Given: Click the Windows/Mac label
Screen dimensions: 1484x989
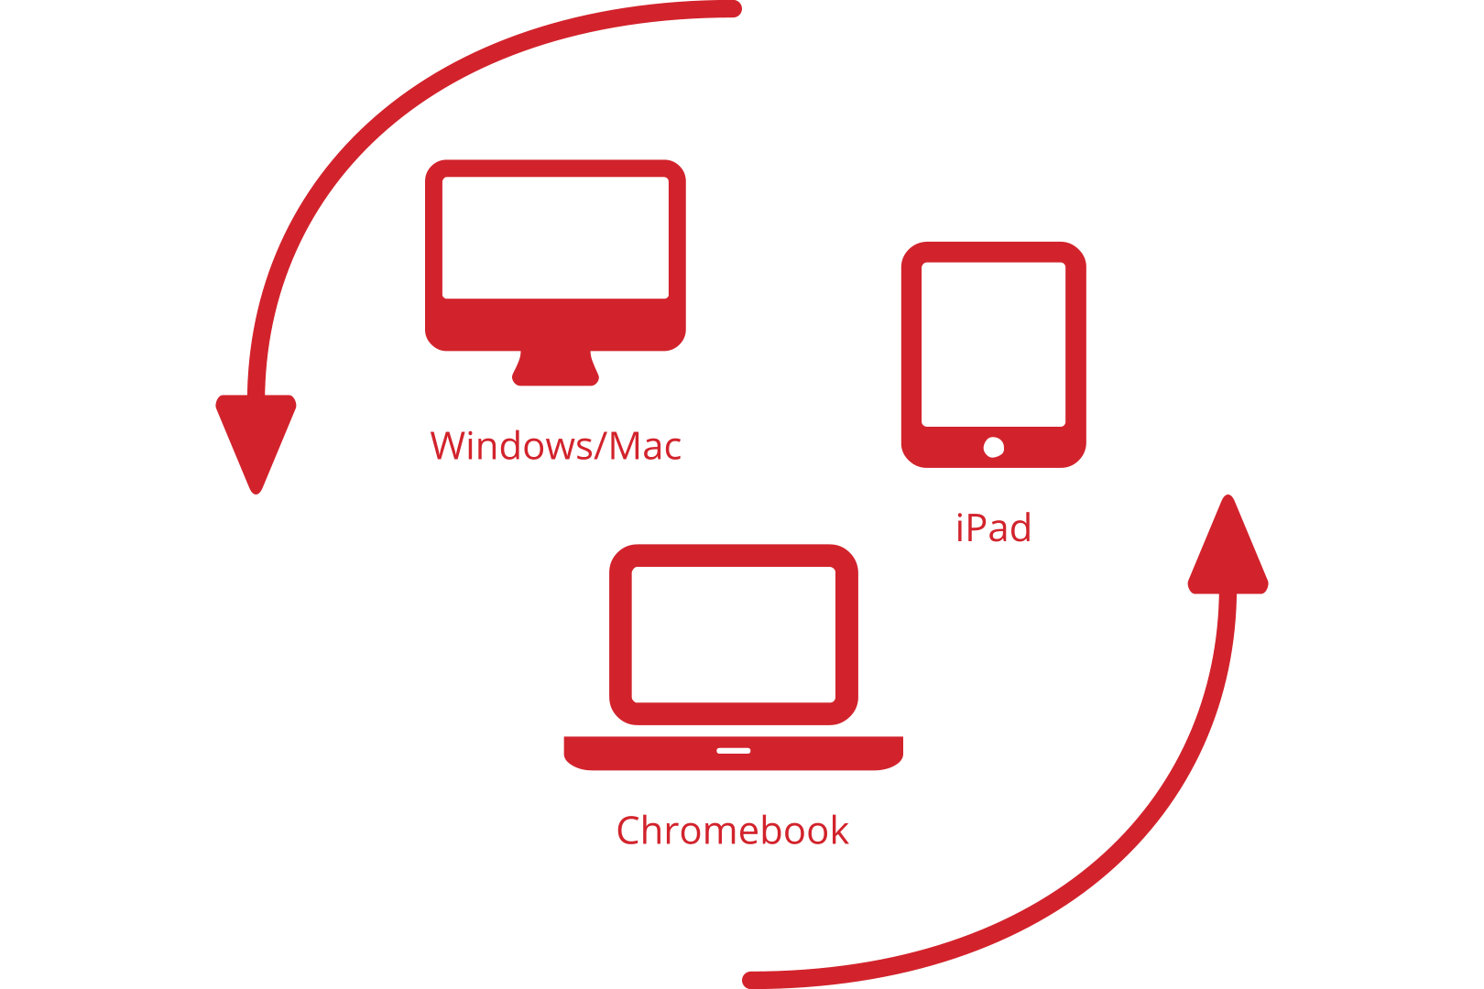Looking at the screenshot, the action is coord(556,445).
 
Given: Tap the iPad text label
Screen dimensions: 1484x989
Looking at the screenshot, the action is coord(994,527).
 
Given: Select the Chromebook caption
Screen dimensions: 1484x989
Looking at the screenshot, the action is coord(733,831).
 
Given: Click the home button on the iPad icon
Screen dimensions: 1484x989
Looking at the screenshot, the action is coord(994,448).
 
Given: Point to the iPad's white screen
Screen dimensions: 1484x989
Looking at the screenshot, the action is coord(994,344).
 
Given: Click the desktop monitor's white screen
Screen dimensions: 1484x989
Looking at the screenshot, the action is coord(556,238).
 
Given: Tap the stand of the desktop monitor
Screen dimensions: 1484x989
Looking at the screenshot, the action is coord(556,368).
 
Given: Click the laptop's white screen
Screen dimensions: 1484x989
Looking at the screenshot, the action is coord(734,635).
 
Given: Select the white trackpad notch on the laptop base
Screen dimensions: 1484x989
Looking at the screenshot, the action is coord(734,751).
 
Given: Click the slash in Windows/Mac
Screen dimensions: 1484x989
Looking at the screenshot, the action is coord(602,445).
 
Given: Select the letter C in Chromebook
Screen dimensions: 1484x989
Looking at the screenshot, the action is coord(628,831).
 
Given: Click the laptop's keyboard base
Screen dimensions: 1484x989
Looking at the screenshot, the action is coord(734,753).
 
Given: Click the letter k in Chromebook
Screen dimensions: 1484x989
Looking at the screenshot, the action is coord(839,830).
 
